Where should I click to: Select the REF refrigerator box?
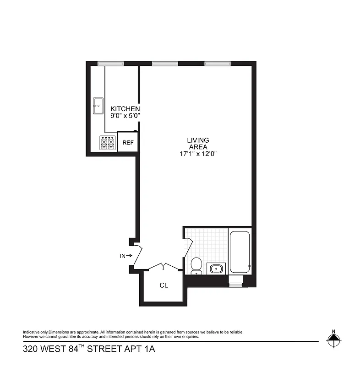coord(128,143)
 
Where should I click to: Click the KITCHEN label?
coord(125,109)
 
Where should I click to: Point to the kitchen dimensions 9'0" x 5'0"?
coord(125,116)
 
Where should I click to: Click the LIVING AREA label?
coord(198,143)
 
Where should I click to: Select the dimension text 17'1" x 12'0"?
coord(198,154)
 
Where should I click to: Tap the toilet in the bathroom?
coord(196,265)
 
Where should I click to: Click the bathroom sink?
coord(216,268)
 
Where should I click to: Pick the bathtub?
coord(240,253)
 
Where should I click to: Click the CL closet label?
coord(164,285)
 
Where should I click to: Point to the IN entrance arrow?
coord(126,256)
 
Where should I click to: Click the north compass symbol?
coord(333,339)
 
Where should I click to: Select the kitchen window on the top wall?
coord(110,63)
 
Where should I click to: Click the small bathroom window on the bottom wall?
coord(235,285)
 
